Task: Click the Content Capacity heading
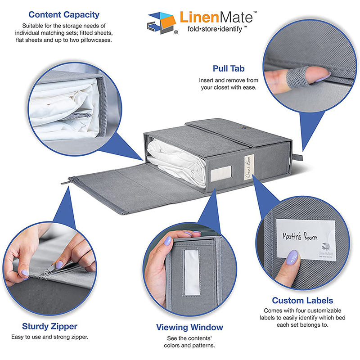(63, 15)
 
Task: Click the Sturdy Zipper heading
(49, 326)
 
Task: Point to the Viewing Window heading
(189, 327)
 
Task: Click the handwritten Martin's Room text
(300, 236)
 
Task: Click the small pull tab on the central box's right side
(297, 157)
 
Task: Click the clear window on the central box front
(220, 172)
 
